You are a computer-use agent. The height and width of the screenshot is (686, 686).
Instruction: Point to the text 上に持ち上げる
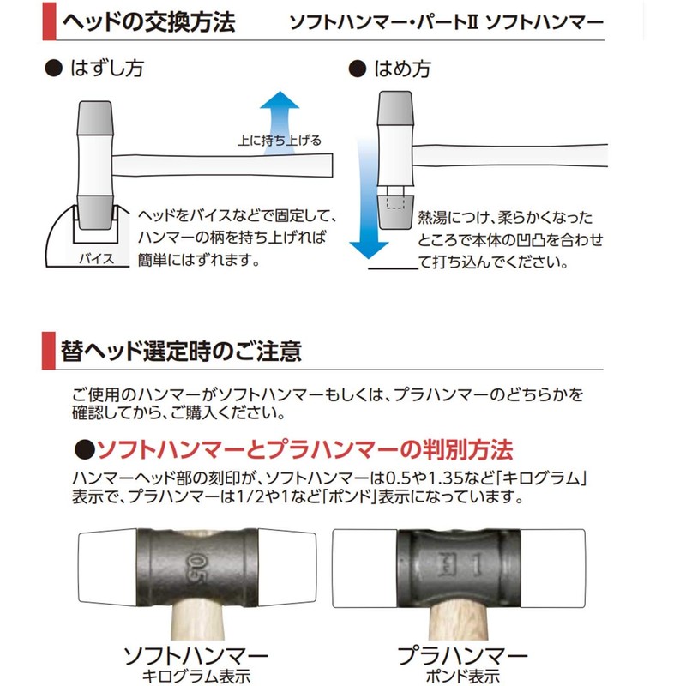click(280, 141)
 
